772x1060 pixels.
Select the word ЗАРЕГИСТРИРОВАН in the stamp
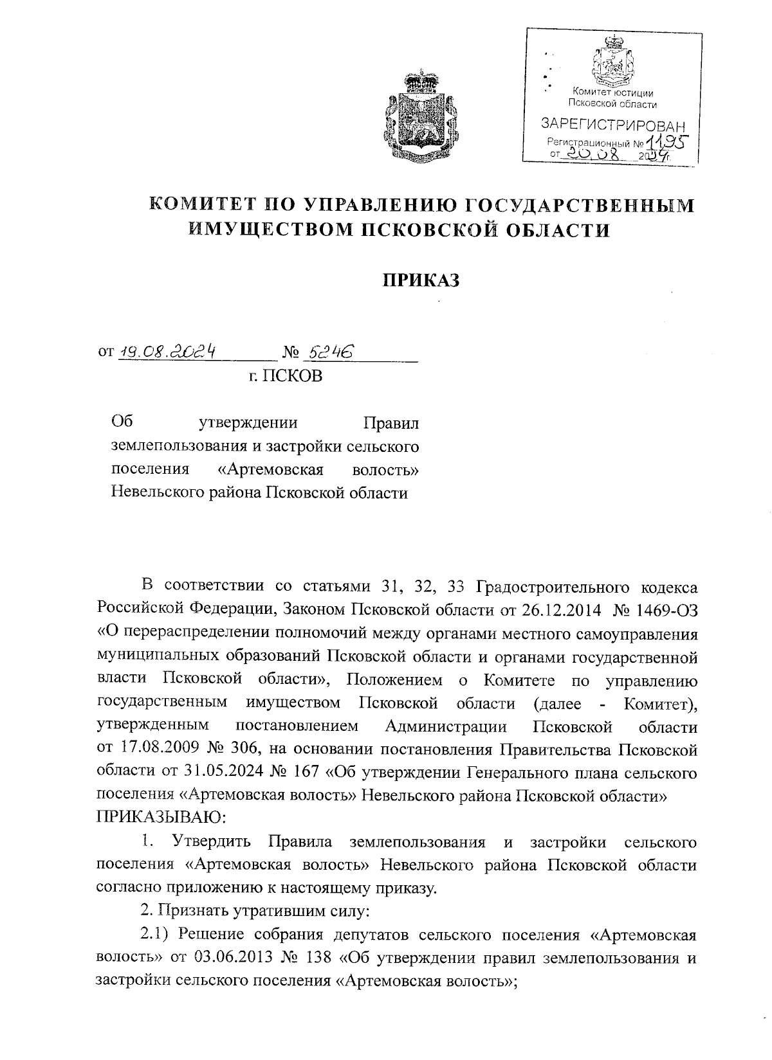[612, 123]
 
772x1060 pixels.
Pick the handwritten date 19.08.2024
[167, 351]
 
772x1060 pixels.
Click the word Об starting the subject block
[122, 422]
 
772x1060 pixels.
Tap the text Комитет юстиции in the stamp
[612, 94]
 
